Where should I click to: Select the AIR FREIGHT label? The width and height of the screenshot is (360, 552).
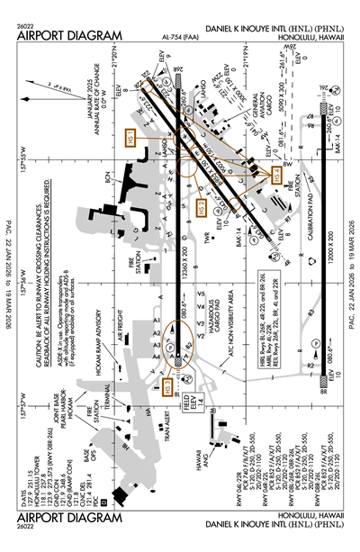120,321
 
